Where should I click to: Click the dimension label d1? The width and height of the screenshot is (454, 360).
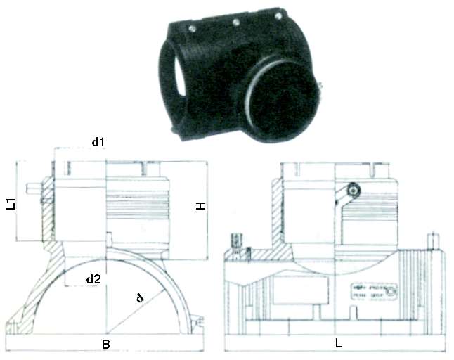point(98,142)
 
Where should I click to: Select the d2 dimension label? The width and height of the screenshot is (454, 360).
point(93,279)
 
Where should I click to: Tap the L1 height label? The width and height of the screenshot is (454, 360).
point(10,204)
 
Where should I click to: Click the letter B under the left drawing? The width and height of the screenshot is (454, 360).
point(105,345)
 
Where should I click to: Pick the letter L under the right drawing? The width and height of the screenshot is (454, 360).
point(339,345)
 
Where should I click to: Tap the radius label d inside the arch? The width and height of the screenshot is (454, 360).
point(141,297)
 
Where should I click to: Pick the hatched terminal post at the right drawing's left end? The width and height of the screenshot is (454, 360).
point(237,243)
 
